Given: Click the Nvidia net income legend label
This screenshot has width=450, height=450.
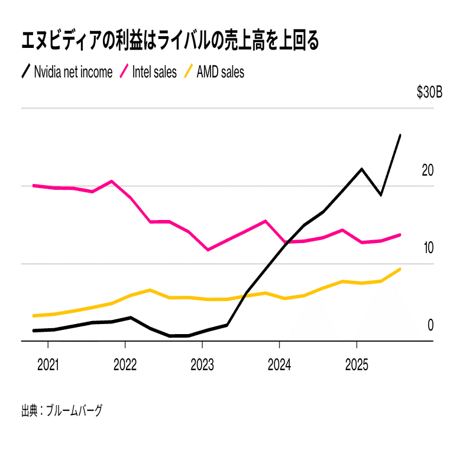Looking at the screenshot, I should pyautogui.click(x=73, y=72).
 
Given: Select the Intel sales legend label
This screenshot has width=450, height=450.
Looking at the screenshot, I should pyautogui.click(x=154, y=72).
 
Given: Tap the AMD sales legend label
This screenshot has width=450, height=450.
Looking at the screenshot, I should pyautogui.click(x=220, y=72).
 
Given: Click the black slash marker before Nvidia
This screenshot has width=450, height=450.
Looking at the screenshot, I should pyautogui.click(x=26, y=72).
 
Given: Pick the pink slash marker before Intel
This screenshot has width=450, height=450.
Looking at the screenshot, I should pyautogui.click(x=124, y=72).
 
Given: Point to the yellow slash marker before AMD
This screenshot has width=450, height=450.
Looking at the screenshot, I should pyautogui.click(x=189, y=72).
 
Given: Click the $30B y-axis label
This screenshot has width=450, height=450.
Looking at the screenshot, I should pyautogui.click(x=429, y=93).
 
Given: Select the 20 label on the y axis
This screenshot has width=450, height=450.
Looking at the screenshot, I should pyautogui.click(x=428, y=170).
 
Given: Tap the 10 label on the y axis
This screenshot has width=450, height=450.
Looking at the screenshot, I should pyautogui.click(x=428, y=248).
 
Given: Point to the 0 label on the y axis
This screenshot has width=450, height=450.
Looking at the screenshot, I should pyautogui.click(x=430, y=325).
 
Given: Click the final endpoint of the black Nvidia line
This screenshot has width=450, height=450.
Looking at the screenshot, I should pyautogui.click(x=400, y=135).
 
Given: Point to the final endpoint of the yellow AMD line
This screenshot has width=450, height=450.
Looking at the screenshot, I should pyautogui.click(x=400, y=269).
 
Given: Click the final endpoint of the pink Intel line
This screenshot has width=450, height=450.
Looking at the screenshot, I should pyautogui.click(x=400, y=235).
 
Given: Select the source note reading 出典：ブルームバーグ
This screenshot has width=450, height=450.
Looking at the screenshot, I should pyautogui.click(x=61, y=410).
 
